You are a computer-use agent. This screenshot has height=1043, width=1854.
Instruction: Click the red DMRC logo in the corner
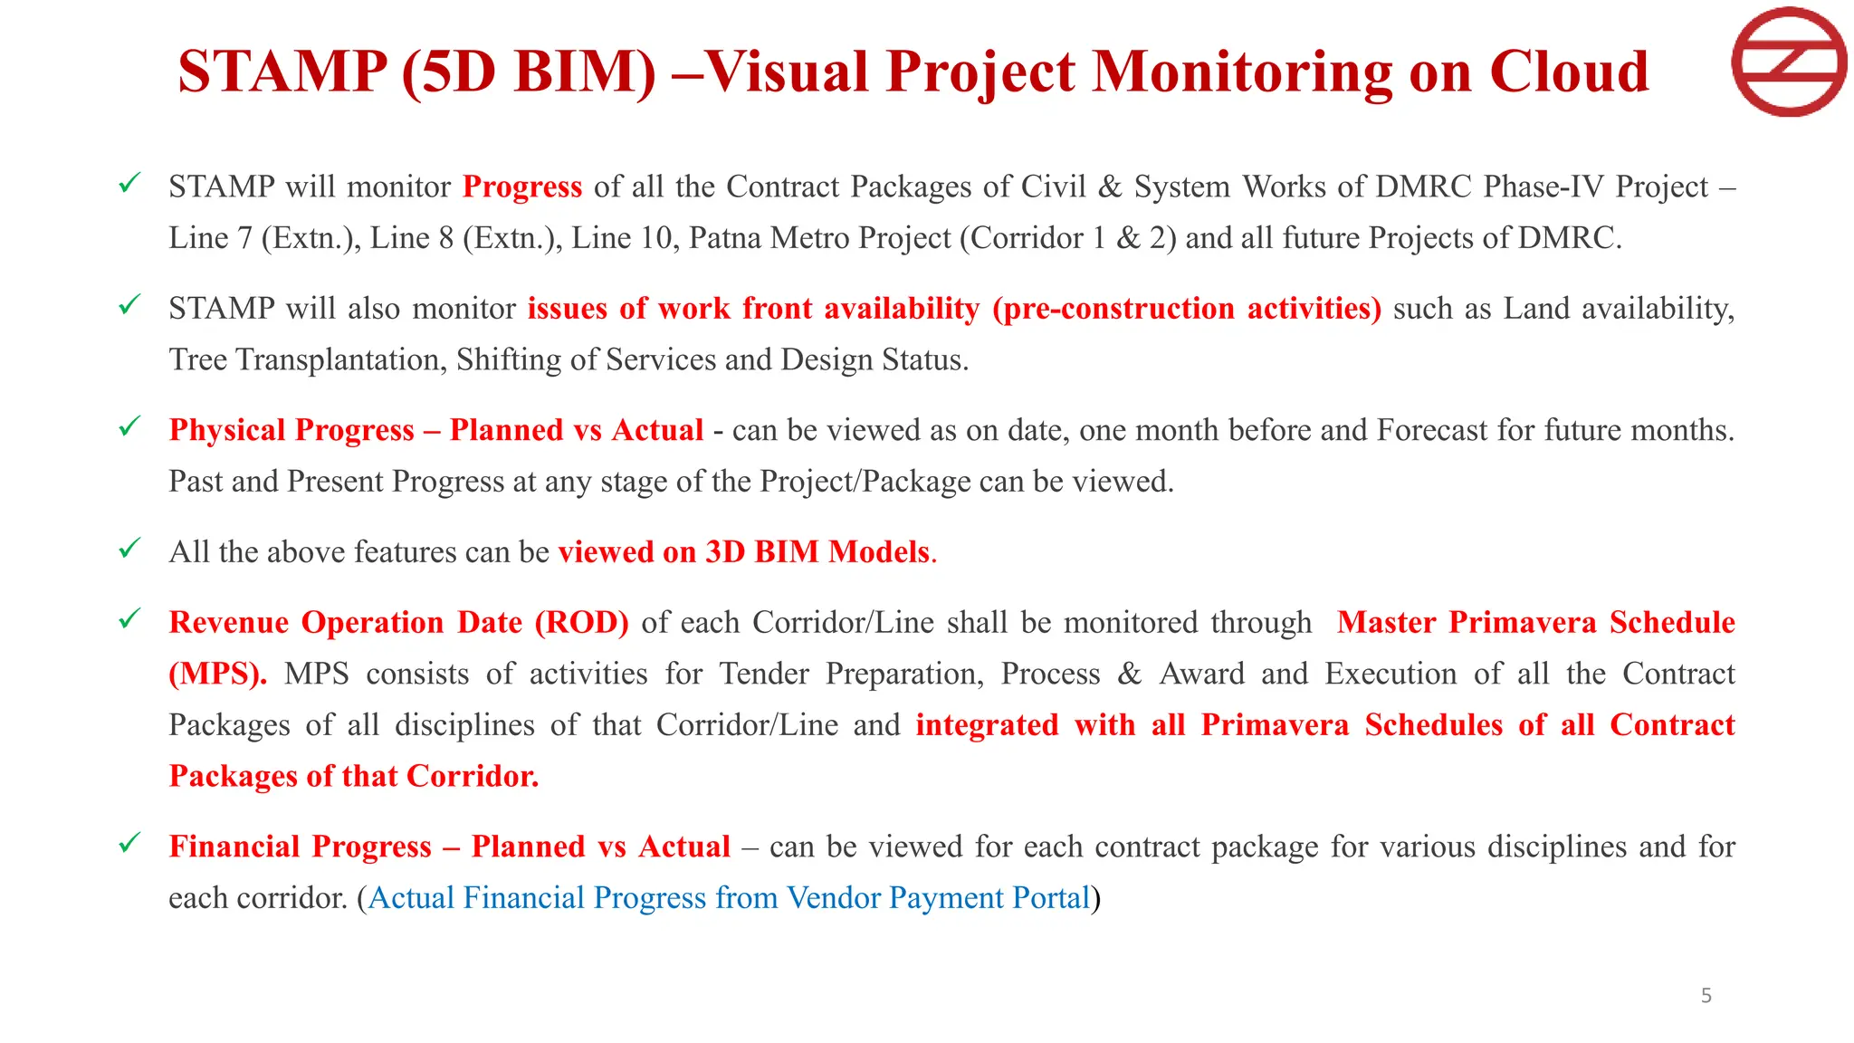pyautogui.click(x=1788, y=62)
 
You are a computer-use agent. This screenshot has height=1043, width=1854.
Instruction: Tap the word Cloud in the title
pyautogui.click(x=1569, y=71)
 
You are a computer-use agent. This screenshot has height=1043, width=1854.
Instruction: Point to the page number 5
pyautogui.click(x=1706, y=996)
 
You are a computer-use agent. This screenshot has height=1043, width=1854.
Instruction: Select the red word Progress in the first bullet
pyautogui.click(x=522, y=187)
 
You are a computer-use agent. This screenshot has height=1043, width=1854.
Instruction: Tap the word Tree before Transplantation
pyautogui.click(x=198, y=360)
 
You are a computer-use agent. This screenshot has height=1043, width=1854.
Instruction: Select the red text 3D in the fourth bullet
pyautogui.click(x=724, y=552)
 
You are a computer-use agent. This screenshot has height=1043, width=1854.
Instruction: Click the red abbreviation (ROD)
pyautogui.click(x=581, y=623)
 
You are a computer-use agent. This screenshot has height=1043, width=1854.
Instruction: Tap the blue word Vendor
pyautogui.click(x=833, y=898)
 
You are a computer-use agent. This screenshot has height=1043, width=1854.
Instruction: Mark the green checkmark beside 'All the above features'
pyautogui.click(x=129, y=549)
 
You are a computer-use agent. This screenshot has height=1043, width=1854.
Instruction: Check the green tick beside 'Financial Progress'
pyautogui.click(x=129, y=843)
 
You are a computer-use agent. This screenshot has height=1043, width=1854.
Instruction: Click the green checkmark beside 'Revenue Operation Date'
pyautogui.click(x=129, y=619)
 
